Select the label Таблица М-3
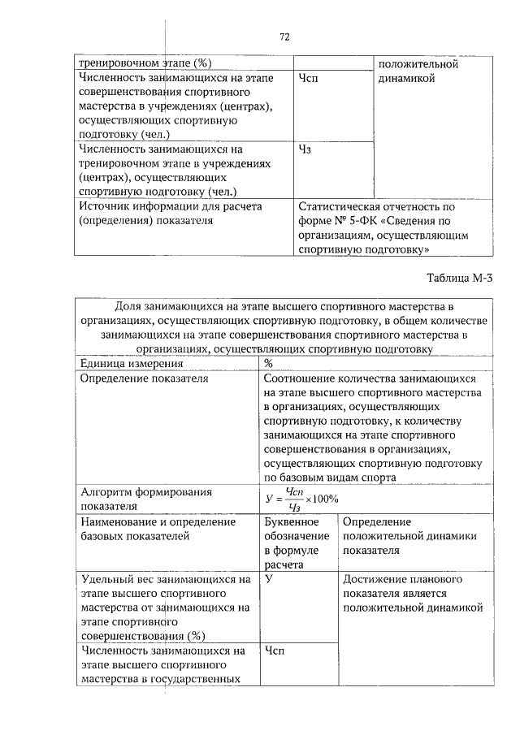click(460, 278)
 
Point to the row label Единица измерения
click(125, 363)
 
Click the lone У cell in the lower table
click(267, 579)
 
